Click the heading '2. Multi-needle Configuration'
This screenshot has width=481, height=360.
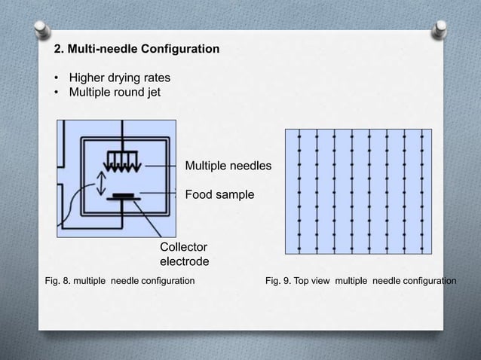click(x=136, y=50)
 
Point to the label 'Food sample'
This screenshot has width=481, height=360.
click(x=219, y=194)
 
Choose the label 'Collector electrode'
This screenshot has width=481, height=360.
click(x=184, y=254)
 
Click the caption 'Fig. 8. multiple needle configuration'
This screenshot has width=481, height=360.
click(x=120, y=281)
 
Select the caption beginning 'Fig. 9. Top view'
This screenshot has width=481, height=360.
click(x=361, y=281)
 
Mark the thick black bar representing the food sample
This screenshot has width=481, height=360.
click(x=121, y=197)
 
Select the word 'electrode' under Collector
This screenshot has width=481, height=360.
click(x=184, y=261)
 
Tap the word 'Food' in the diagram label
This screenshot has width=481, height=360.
click(x=200, y=194)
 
